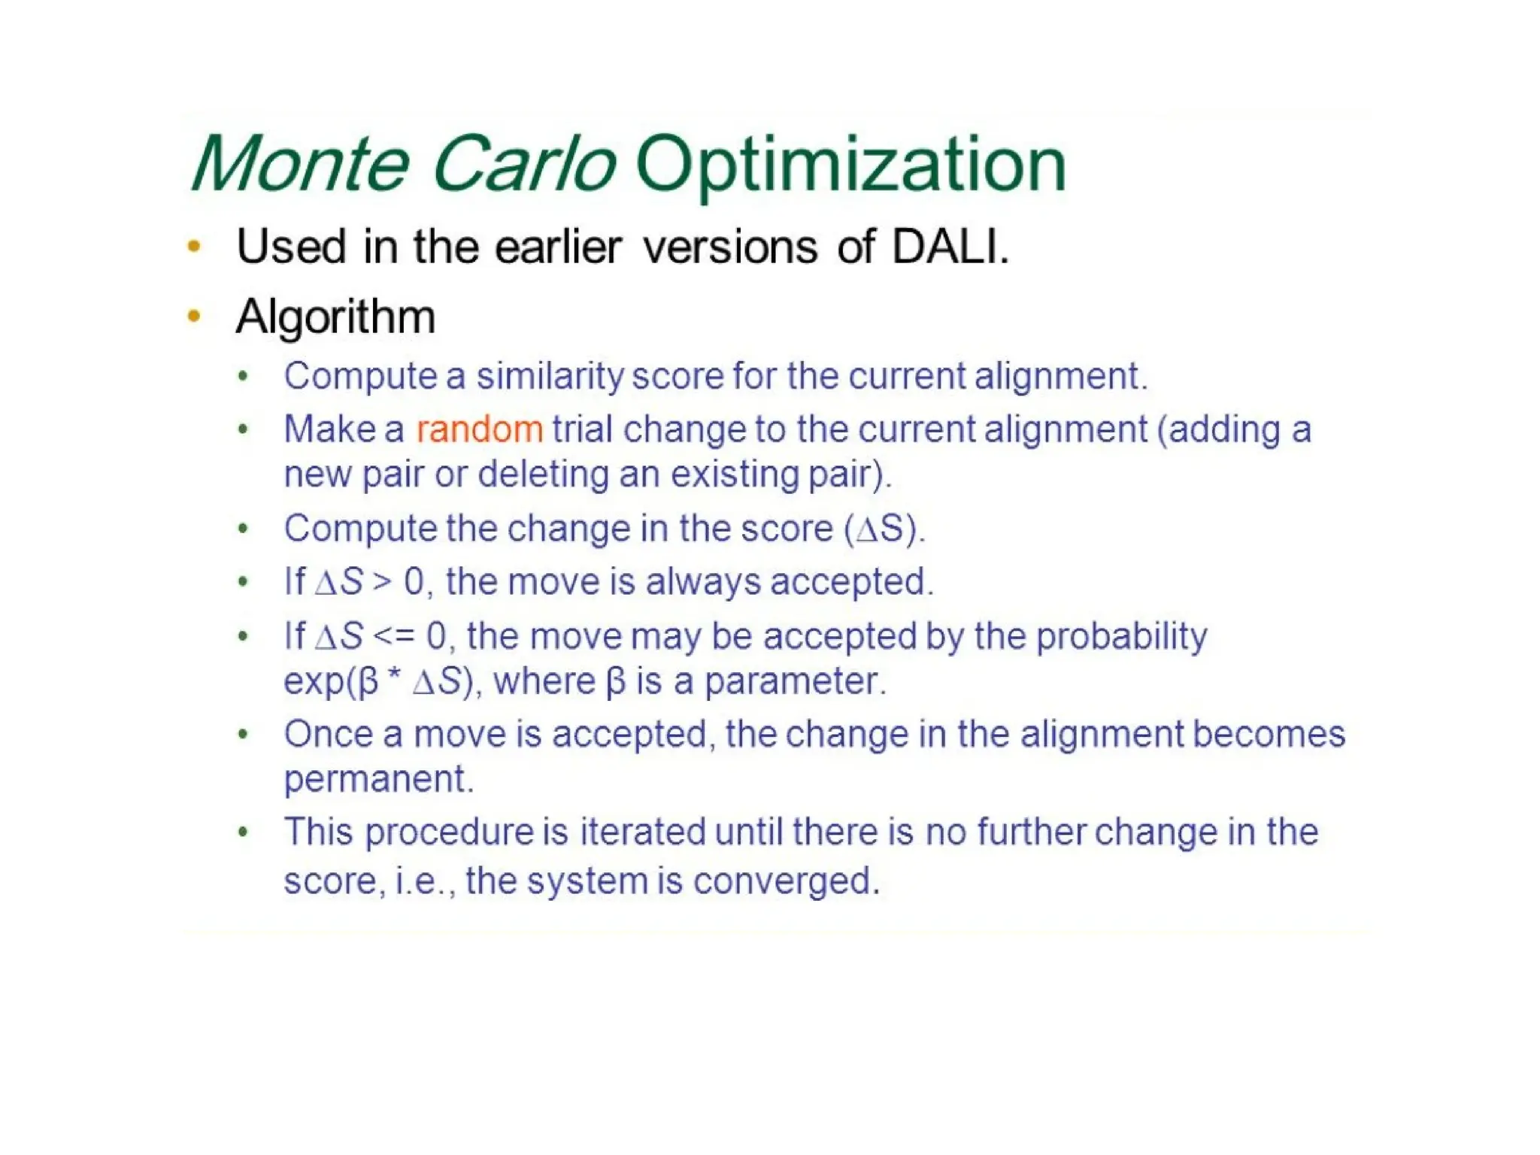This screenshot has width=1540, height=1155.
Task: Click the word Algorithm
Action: tap(335, 317)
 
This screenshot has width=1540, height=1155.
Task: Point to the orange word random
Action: tap(479, 430)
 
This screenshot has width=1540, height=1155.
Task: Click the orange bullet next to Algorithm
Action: tap(194, 317)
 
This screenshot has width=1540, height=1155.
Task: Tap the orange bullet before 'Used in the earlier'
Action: tap(194, 246)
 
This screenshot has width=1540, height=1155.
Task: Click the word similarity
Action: tap(550, 376)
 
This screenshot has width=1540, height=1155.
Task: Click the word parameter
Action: tap(794, 682)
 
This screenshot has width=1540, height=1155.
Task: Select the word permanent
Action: tap(378, 780)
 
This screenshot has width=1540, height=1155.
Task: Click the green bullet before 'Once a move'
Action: tap(242, 734)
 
